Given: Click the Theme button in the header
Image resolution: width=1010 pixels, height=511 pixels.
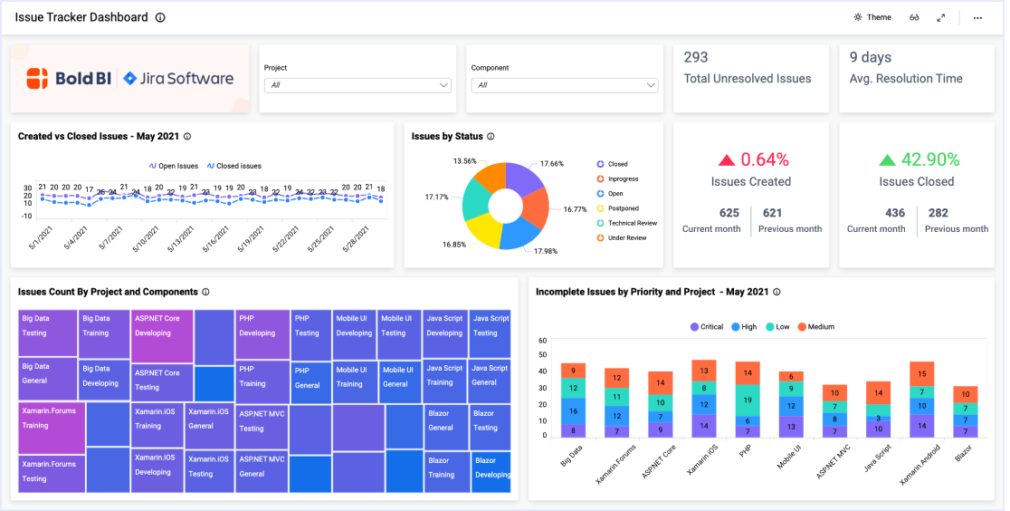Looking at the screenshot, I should coord(872,17).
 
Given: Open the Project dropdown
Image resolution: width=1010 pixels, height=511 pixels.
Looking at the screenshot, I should coord(357,85).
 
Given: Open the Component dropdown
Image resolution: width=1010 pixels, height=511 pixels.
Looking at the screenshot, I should coord(563,85).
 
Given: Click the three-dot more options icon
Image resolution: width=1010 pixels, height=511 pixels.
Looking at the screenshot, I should coord(977,17).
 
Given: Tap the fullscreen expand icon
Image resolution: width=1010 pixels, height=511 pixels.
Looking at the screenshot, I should coord(940,17).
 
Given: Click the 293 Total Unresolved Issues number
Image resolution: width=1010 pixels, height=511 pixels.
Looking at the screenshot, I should coord(696,57).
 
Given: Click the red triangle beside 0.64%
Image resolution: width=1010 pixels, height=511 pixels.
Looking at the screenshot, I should coord(727,160).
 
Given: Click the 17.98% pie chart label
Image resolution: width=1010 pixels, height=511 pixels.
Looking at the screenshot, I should coord(546,251).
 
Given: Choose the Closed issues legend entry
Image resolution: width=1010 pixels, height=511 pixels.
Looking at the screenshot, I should coord(233,166).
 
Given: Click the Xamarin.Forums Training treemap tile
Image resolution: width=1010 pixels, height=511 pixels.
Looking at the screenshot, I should coord(49,418).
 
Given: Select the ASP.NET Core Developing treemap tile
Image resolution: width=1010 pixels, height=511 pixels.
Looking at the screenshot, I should coord(162,325).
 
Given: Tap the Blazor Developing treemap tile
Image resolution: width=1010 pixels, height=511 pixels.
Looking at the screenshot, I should coord(491,468).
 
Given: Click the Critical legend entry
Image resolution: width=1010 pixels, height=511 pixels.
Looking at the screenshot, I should coord(706,326).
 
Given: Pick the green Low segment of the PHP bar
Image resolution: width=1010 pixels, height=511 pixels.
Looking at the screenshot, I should coord(747,399).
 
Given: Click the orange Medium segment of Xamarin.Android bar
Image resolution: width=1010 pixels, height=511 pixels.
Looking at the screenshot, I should coord(921,373).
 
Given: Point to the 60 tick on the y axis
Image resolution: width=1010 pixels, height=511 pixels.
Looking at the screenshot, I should coord(542,341).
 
